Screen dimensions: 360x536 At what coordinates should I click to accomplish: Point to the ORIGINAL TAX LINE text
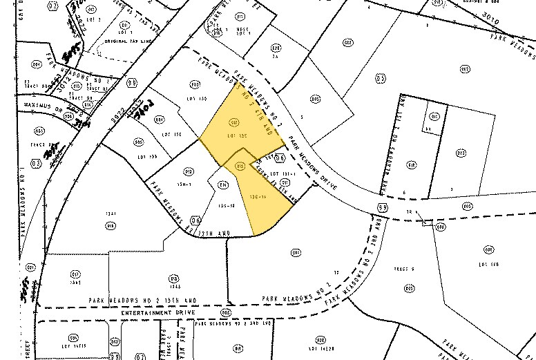pyautogui.click(x=128, y=42)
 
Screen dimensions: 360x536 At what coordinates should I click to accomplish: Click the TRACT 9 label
pyautogui.click(x=403, y=269)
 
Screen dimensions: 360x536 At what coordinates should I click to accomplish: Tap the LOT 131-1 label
pyautogui.click(x=283, y=173)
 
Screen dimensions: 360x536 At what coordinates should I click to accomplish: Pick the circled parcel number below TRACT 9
pyautogui.click(x=409, y=287)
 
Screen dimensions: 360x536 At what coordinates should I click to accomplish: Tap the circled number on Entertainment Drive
pyautogui.click(x=225, y=312)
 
